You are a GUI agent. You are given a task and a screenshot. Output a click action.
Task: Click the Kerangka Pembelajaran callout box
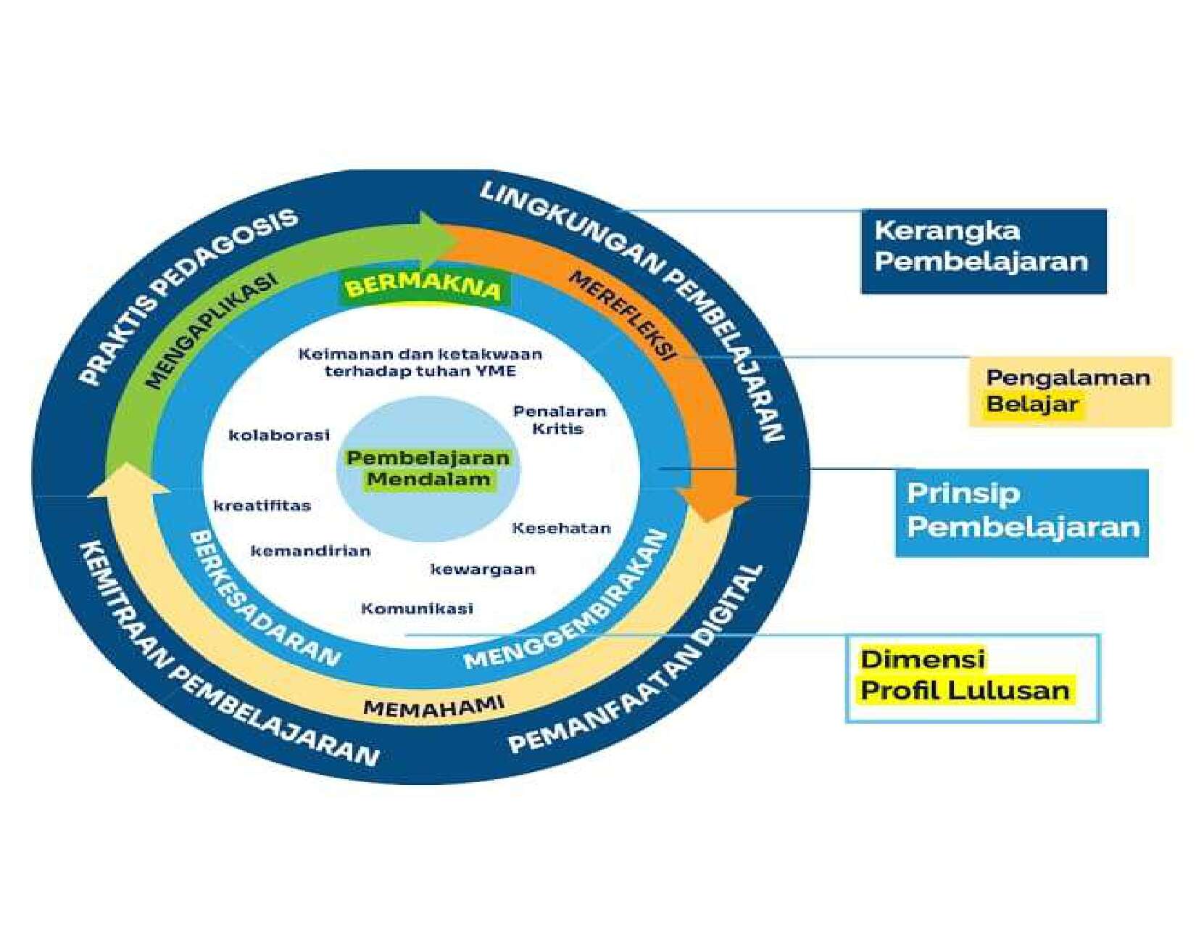pos(983,251)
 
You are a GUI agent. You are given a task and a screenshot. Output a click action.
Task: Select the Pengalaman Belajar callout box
pos(1069,391)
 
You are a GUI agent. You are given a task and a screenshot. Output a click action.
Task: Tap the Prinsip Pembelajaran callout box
pos(1021,512)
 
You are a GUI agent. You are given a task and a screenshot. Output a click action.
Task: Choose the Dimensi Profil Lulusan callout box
pos(972,678)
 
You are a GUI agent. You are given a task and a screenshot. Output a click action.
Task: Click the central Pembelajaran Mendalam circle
pos(428,469)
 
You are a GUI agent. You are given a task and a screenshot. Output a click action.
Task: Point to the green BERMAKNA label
pos(424,287)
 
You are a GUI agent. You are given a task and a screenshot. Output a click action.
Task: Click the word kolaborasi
pos(279,435)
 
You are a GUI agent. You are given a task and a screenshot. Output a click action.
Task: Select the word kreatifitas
pos(262,506)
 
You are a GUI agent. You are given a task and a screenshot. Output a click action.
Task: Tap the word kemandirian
pos(310,551)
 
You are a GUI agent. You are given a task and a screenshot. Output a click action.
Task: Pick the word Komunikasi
pos(417,608)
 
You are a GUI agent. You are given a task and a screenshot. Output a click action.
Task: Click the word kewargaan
pos(483,570)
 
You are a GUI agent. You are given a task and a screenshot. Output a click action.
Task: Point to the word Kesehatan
pos(561,528)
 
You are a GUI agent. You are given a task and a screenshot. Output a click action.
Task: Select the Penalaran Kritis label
pos(559,420)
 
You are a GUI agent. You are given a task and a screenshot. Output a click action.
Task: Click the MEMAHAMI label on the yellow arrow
pos(433,706)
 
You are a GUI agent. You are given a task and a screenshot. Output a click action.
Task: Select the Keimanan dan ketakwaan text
pos(420,362)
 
